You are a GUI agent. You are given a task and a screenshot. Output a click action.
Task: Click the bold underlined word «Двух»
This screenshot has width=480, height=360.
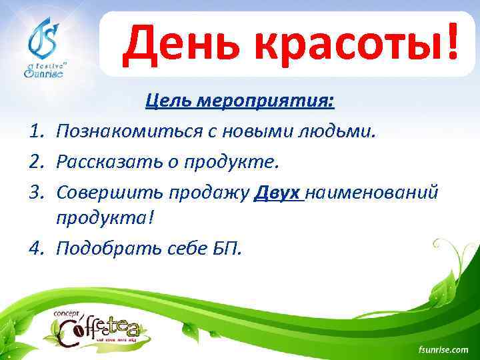(x=279, y=192)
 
